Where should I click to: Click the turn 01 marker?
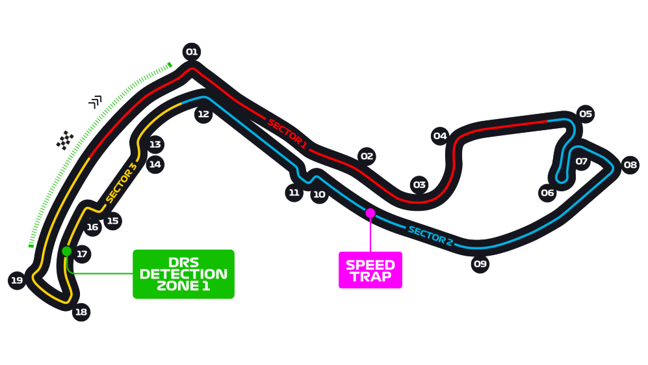pos(191,52)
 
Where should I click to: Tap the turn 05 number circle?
pos(586,115)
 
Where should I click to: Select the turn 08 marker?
pos(629,165)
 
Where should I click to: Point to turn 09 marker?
pos(480,264)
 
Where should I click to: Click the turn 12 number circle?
pos(203,115)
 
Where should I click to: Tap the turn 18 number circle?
pos(81,312)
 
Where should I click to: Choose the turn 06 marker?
pos(547,193)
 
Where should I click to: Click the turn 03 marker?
pos(419,185)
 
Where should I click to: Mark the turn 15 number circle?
pos(113,221)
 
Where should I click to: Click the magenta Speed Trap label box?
pos(370,270)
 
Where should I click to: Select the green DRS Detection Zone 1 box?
pos(183,274)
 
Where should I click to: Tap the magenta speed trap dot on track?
pos(370,213)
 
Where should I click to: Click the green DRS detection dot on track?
pos(66,251)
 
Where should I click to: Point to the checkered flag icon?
pos(64,140)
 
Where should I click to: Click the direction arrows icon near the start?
pos(96,101)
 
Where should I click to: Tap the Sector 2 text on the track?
pos(430,236)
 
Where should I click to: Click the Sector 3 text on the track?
pos(121,182)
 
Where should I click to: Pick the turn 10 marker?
pos(318,195)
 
